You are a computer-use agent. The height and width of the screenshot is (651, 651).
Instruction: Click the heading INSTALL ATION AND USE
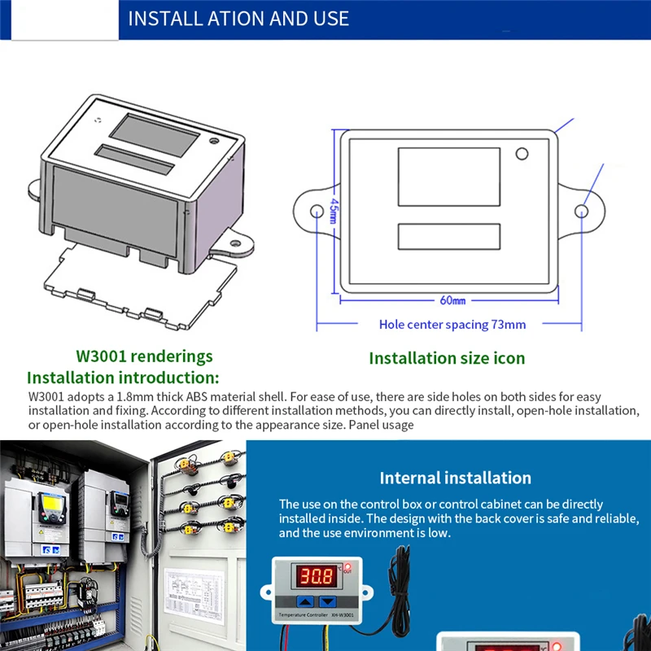238,18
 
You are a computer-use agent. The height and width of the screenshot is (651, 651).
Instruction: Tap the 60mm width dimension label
452,300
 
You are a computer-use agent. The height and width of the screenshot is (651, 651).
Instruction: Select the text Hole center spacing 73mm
452,325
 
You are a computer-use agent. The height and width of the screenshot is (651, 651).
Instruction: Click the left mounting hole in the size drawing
317,211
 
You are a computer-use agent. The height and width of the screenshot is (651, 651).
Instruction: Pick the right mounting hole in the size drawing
581,212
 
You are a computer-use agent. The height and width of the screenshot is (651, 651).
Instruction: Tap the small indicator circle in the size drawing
522,154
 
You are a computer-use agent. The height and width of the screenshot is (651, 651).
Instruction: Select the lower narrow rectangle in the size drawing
448,236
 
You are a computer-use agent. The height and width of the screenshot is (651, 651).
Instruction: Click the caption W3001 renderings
144,356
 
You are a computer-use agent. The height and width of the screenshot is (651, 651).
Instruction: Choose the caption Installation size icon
447,358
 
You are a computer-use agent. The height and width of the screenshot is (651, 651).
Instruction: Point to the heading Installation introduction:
123,378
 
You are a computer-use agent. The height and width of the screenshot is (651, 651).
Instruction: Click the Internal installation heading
455,478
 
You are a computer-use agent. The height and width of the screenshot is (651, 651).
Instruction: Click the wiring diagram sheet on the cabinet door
198,588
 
